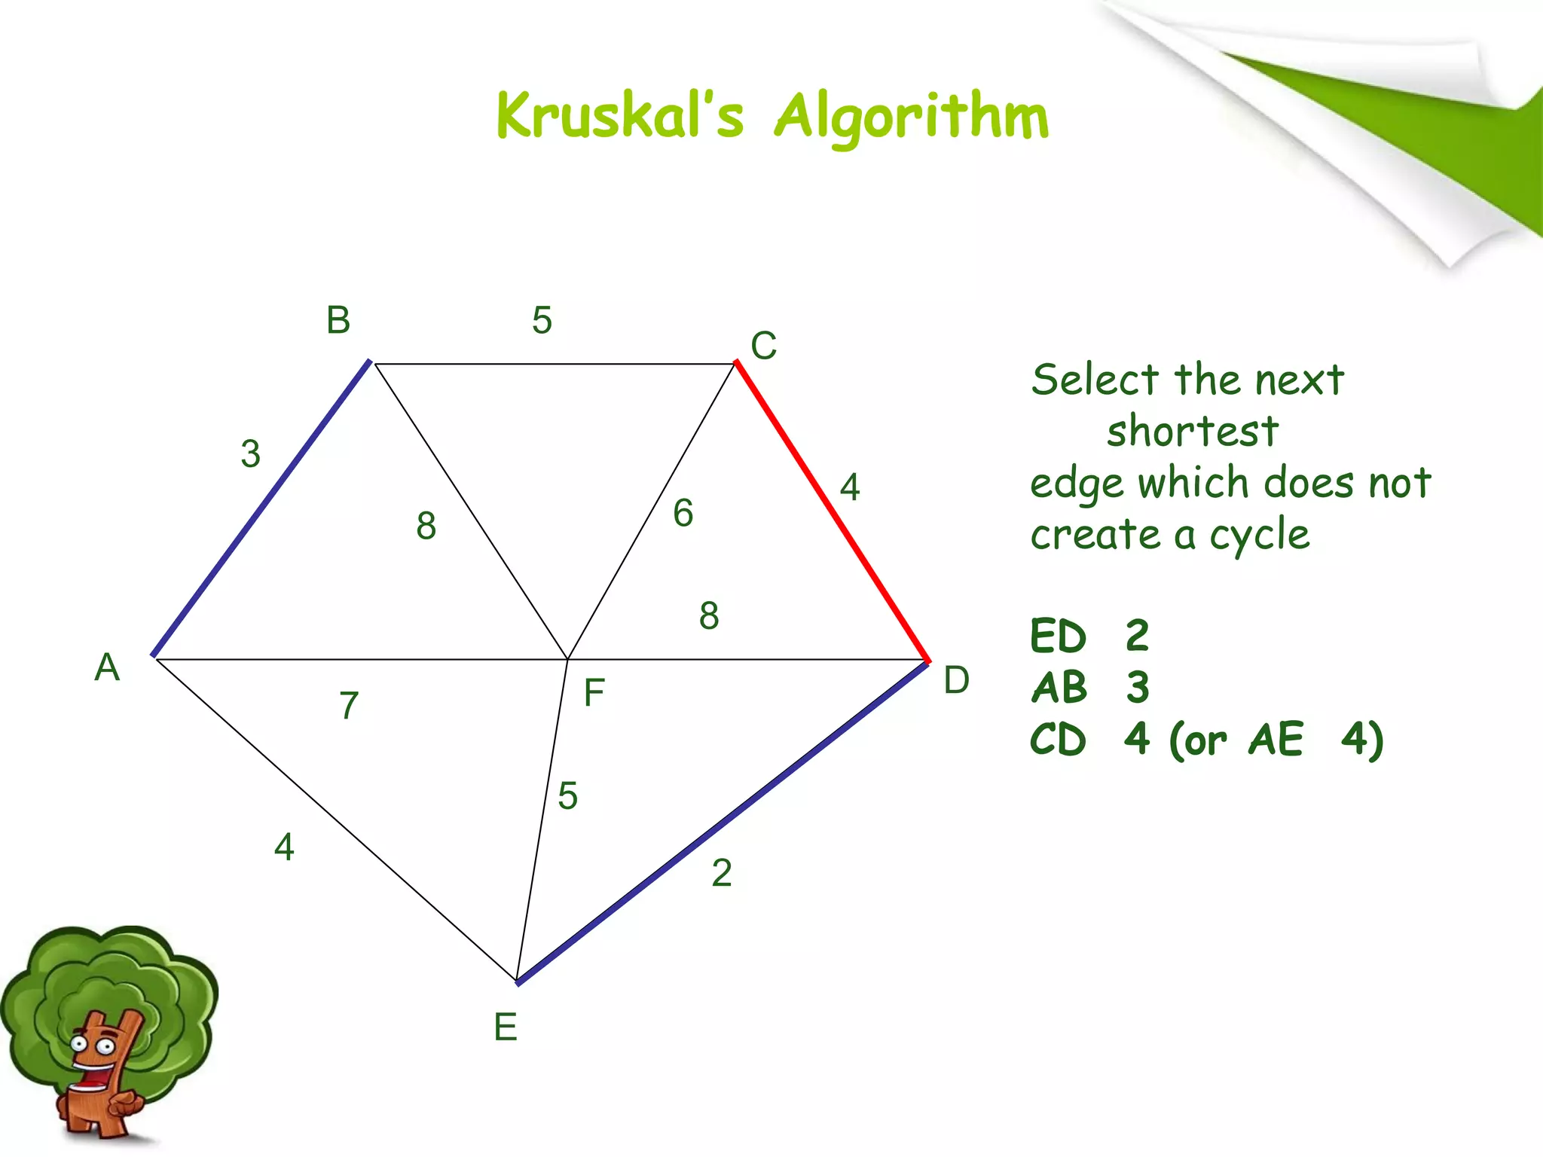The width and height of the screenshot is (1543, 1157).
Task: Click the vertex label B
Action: click(x=338, y=320)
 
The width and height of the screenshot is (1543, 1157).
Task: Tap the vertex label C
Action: click(x=763, y=346)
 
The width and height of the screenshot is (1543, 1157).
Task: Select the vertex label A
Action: click(x=107, y=667)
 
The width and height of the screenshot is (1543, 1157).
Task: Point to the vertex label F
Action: click(x=594, y=692)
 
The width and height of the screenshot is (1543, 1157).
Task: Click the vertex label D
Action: click(x=956, y=680)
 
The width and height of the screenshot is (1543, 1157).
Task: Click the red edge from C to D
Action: click(x=832, y=512)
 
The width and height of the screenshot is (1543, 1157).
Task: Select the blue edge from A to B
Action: click(x=261, y=509)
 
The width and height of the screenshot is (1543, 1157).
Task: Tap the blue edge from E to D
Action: click(x=722, y=823)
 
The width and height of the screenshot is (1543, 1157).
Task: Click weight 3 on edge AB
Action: click(x=251, y=454)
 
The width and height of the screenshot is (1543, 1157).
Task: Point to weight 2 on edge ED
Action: click(x=722, y=873)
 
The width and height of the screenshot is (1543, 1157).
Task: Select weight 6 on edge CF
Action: click(x=683, y=513)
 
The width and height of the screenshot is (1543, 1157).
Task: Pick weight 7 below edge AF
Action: click(x=348, y=706)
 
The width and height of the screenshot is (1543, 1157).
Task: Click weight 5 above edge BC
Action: click(x=542, y=320)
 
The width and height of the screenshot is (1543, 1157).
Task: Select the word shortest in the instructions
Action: click(x=1192, y=432)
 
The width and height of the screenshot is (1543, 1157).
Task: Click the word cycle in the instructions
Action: click(x=1260, y=536)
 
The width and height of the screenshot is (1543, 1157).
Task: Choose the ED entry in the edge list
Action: click(x=1059, y=637)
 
